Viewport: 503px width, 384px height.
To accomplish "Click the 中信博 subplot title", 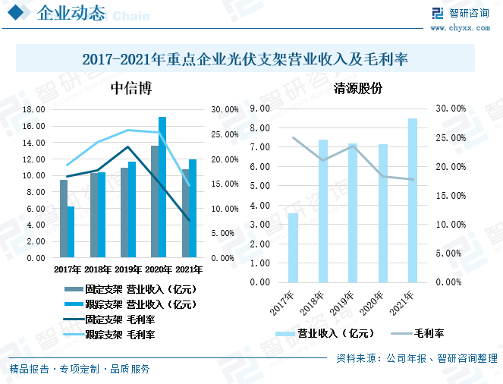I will point(130,89).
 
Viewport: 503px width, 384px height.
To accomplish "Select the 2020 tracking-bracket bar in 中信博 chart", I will point(162,187).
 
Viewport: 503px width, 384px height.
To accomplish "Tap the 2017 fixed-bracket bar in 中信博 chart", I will point(64,219).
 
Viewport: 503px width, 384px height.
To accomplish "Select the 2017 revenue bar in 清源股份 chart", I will point(293,247).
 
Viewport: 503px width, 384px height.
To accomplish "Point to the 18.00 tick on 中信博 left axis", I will point(35,109).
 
